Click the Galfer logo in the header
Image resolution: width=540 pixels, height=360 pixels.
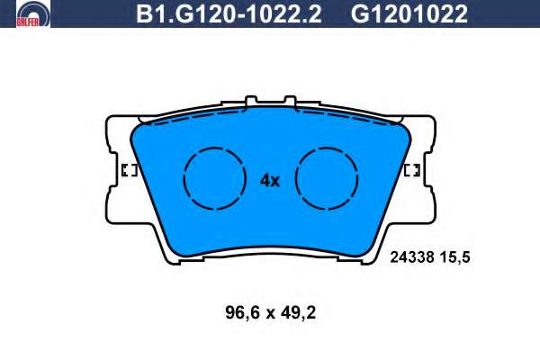click(x=33, y=13)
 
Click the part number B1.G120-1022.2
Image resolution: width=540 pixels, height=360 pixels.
click(x=229, y=14)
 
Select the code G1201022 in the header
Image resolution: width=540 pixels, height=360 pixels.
click(x=409, y=14)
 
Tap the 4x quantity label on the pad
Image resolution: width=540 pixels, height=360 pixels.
click(x=270, y=180)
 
